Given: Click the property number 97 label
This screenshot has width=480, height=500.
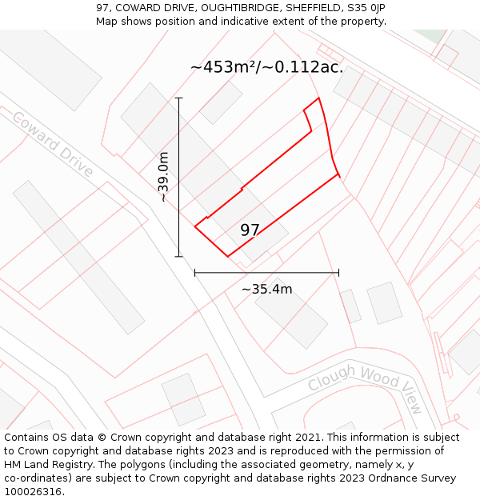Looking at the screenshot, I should tap(250, 230).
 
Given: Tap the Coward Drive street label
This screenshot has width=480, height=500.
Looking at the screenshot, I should tap(53, 144).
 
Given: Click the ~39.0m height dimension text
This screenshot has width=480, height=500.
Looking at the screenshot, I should tap(163, 176).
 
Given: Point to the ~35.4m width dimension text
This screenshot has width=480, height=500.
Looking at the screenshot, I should tap(266, 289).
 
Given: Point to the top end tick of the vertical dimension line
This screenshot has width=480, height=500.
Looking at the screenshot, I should tap(178, 98).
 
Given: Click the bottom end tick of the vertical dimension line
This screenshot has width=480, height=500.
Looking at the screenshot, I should tap(178, 257).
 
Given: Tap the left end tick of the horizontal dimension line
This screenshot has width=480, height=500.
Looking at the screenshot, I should tap(195, 273).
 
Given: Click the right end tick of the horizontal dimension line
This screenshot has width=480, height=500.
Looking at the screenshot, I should tap(338, 273).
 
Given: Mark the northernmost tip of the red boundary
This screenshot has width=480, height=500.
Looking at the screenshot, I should tap(318, 98).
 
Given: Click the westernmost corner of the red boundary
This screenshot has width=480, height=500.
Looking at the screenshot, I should tap(194, 227).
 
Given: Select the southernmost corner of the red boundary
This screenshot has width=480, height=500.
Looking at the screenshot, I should tap(228, 256).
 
